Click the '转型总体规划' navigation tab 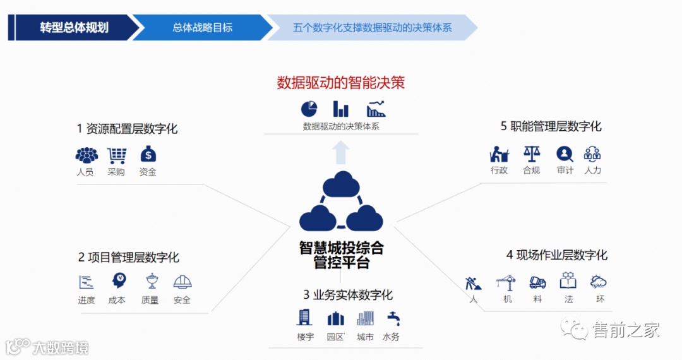pos(74,28)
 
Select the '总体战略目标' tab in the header pos(202,28)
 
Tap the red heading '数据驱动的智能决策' pos(341,83)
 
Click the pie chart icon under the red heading pos(308,109)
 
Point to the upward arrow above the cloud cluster pos(341,152)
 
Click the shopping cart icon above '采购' pos(116,155)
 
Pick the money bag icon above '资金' pos(148,154)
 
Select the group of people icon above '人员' pos(87,155)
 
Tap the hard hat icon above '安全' pos(182,282)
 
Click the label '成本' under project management pos(117,300)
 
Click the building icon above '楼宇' pos(305,317)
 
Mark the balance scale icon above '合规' pos(532,153)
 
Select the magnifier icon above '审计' pos(565,153)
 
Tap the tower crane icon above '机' pos(506,282)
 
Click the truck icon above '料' pos(537,282)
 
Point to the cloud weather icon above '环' pos(598,282)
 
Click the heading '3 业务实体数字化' pos(347,295)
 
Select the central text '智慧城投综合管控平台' pos(341,255)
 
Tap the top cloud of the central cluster pos(341,185)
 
